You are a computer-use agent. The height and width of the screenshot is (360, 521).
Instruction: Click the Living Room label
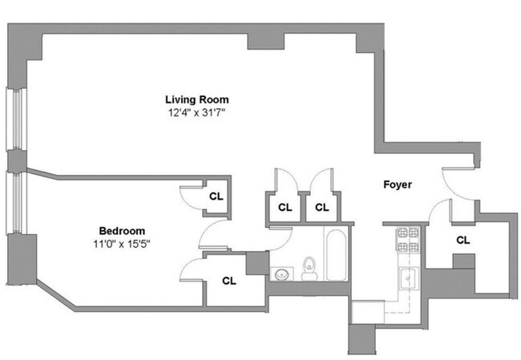coord(196,99)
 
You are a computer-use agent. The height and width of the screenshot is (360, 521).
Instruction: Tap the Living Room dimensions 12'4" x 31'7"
coord(196,113)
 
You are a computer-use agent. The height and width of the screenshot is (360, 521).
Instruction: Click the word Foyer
coord(397,184)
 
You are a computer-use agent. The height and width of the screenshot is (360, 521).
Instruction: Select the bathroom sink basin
coord(281,273)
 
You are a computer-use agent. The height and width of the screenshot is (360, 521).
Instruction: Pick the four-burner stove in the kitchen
coord(406,239)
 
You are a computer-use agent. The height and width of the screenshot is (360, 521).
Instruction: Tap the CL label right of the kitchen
coord(462,239)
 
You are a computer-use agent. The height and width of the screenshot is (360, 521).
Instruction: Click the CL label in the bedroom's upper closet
coord(216,195)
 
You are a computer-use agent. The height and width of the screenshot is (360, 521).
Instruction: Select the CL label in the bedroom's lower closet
coord(228,281)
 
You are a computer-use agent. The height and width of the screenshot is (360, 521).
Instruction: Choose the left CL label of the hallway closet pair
coord(285,207)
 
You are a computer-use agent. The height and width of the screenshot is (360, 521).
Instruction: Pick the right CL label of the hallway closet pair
coord(321,207)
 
